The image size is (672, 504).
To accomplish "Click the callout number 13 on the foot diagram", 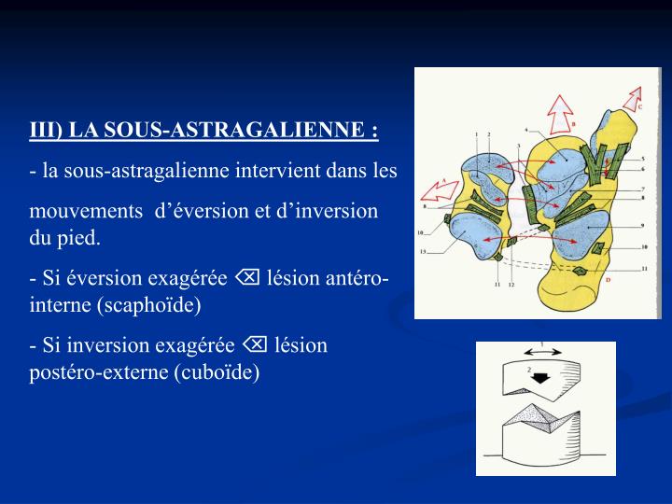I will pyautogui.click(x=423, y=252).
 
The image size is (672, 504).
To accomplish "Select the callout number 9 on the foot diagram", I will pyautogui.click(x=643, y=226).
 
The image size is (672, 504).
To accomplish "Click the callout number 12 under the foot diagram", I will pyautogui.click(x=511, y=286).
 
